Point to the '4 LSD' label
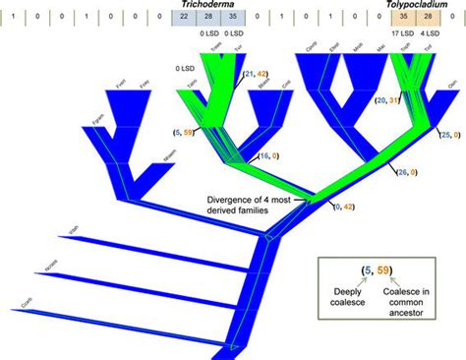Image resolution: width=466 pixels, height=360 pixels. point(433,34)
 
